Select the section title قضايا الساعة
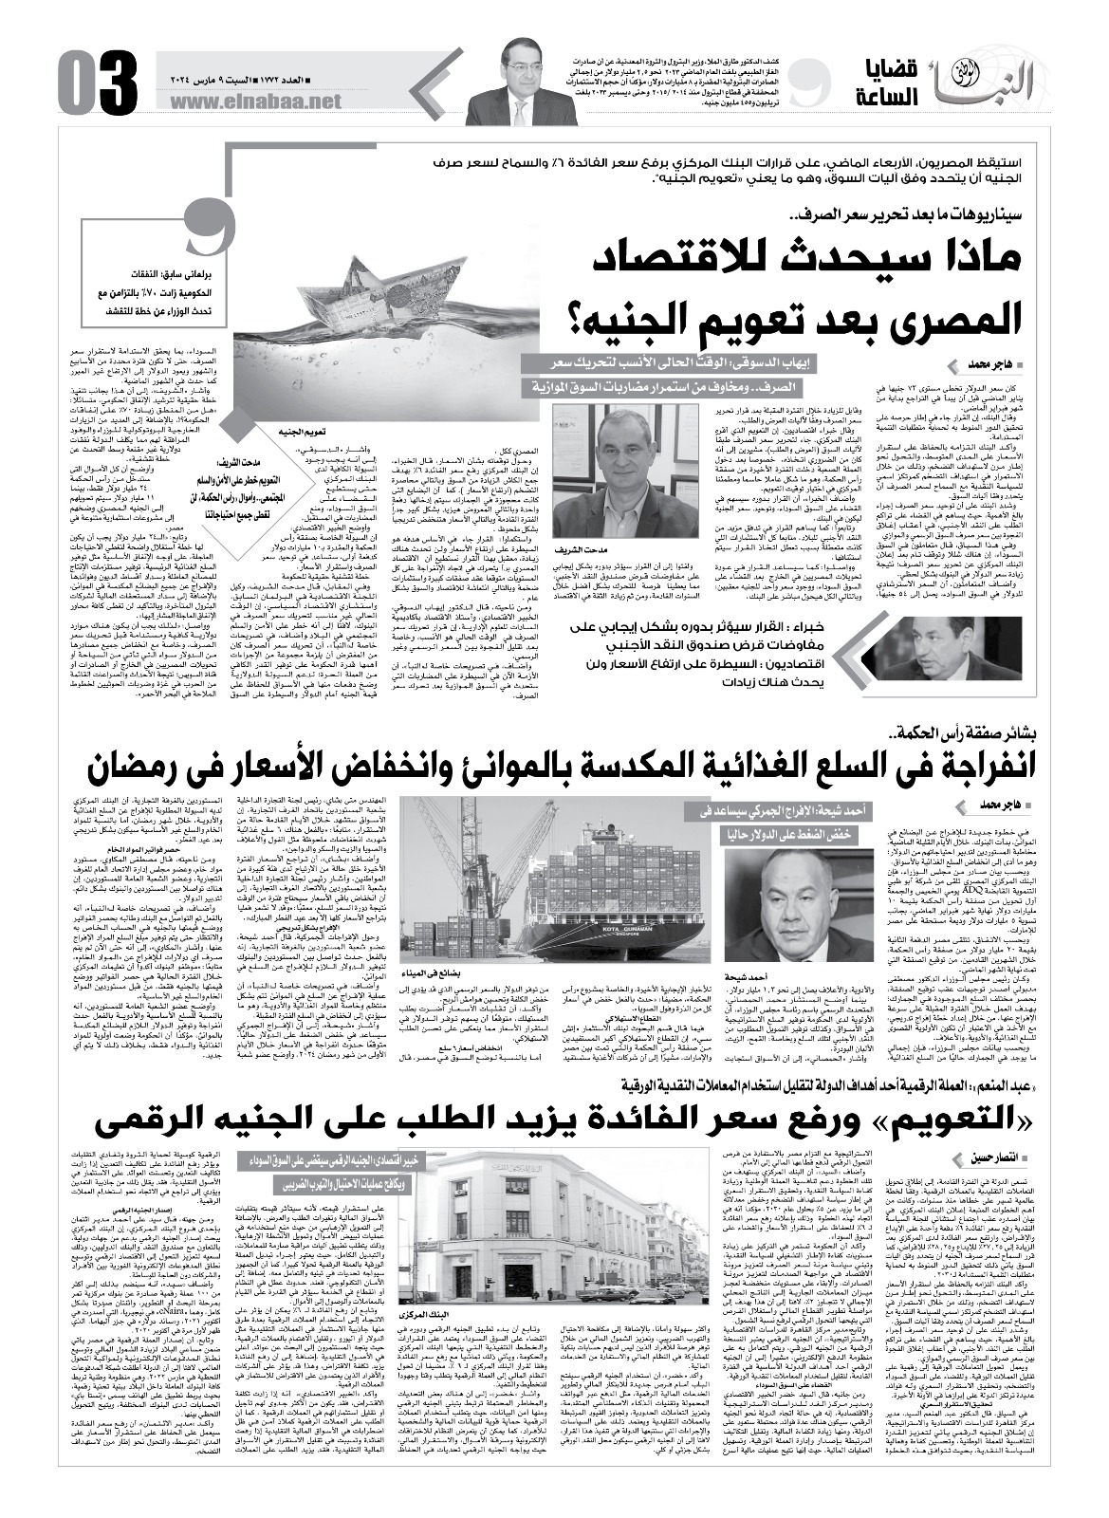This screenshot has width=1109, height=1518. click(882, 80)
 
